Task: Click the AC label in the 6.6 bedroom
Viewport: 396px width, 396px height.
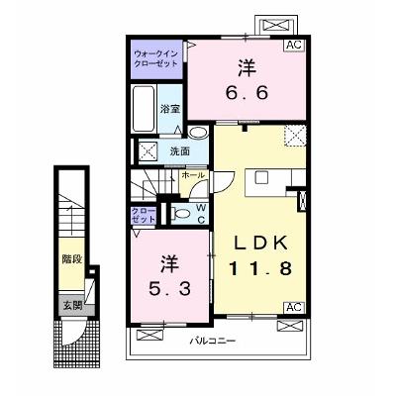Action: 294,45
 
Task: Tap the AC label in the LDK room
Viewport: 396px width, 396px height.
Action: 294,307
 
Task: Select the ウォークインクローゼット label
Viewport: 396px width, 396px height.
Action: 156,58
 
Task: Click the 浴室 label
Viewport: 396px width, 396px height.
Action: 170,109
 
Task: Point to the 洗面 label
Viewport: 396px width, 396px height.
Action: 180,151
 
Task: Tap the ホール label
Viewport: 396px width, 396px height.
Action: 193,175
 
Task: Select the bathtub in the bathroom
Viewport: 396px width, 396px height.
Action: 144,109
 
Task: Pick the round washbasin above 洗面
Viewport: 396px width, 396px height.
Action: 198,133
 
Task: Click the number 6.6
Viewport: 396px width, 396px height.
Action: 247,93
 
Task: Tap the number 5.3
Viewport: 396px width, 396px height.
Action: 169,289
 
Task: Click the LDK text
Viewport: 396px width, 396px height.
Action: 260,244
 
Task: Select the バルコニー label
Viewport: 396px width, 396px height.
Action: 213,341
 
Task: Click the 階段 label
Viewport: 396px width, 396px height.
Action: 71,259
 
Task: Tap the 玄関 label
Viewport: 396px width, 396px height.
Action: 72,306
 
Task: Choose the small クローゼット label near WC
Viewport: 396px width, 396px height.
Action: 144,216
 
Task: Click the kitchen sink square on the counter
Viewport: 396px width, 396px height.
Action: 261,177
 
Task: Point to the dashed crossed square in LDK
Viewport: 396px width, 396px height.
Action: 295,136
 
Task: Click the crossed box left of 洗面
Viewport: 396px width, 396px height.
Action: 148,152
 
